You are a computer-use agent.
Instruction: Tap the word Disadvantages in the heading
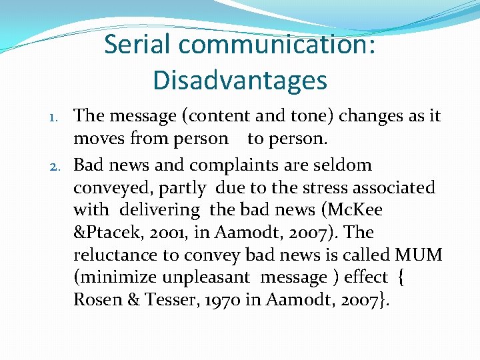(x=240, y=81)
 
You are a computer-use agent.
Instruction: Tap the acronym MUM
(x=419, y=255)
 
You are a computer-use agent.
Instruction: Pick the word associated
(x=396, y=187)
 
